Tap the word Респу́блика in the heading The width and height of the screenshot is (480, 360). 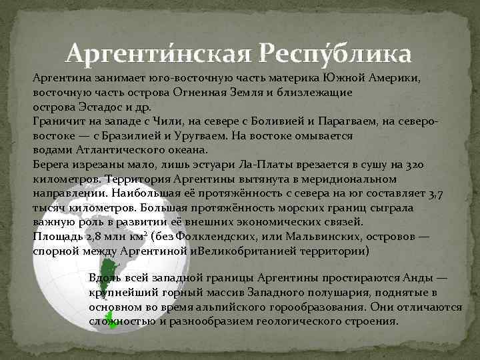[335, 51]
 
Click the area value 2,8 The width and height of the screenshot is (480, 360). [91, 237]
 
